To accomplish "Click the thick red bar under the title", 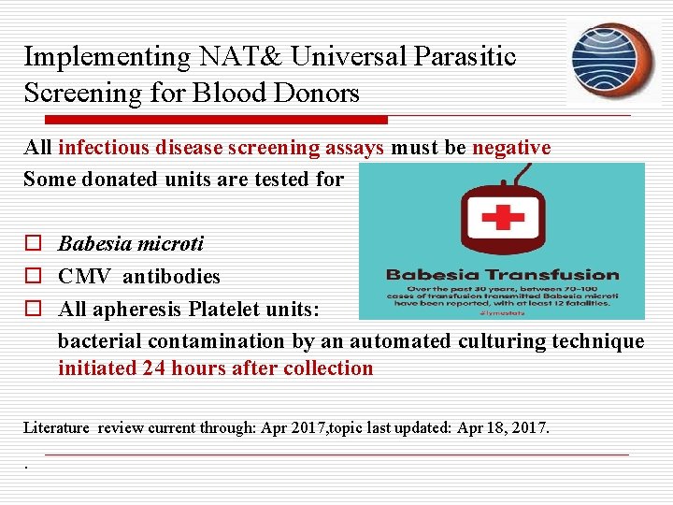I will coord(206,120).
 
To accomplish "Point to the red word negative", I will coord(511,148).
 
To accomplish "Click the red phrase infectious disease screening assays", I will coord(222,148).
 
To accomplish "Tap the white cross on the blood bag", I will coord(501,217).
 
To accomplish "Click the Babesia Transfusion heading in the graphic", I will coord(502,276).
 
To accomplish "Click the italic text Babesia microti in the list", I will coord(131,245).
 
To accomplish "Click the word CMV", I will coord(84,277).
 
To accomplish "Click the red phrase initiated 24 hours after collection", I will coord(215,368).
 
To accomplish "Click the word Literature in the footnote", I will coord(56,428).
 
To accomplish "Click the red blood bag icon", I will coord(501,224).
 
